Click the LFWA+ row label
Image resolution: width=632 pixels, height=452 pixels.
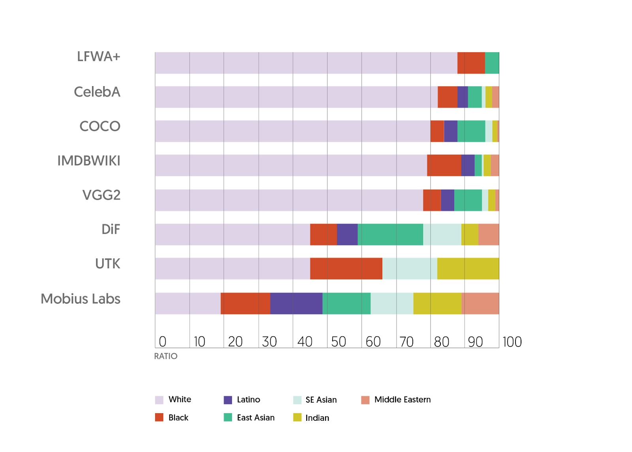pos(98,57)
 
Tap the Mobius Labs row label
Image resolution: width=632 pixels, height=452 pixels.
pos(81,299)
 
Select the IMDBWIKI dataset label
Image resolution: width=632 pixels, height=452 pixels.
pos(89,161)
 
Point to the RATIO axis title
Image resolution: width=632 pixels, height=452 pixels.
pos(166,356)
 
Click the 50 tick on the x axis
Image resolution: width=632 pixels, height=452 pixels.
pos(339,342)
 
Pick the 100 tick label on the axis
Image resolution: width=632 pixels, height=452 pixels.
pos(512,342)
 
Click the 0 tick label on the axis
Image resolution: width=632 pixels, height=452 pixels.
pos(162,342)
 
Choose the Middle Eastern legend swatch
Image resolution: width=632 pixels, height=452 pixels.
pos(365,400)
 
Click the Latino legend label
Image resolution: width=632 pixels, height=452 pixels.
pos(248,400)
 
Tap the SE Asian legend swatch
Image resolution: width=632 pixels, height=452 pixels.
pos(297,400)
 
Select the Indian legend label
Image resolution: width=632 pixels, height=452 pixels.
pos(317,418)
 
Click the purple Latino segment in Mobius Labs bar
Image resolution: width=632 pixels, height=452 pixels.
pos(296,303)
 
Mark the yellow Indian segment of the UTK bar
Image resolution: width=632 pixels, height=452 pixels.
pos(468,269)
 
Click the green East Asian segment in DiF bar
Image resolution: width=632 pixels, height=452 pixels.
pos(390,234)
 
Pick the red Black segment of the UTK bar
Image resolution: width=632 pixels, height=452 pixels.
pos(346,269)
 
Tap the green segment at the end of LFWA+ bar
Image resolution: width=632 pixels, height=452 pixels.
pos(492,63)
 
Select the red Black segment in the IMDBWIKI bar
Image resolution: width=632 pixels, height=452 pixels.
pos(444,165)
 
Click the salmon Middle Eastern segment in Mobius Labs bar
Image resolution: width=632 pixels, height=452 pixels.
pos(480,303)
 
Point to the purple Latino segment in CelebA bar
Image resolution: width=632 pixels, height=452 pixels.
pos(463,97)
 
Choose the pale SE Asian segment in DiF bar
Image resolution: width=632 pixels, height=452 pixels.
pos(442,234)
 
